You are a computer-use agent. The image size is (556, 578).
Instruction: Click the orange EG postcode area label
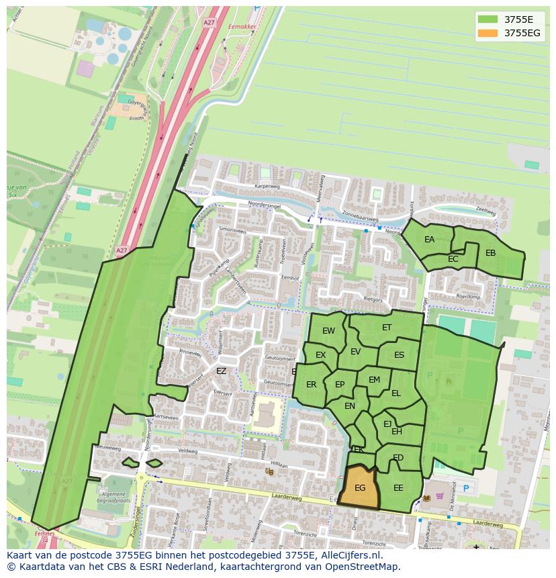360,488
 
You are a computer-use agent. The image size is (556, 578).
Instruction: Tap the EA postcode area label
430,240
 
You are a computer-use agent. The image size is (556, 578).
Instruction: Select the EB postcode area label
490,253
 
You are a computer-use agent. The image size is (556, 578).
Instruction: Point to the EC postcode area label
453,259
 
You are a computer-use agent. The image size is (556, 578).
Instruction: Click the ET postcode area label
387,328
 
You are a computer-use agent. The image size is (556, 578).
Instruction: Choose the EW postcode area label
328,331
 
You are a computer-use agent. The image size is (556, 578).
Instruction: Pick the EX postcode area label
321,355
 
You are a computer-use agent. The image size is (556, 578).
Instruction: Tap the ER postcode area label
311,385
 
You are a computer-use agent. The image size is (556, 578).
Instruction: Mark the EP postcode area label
340,385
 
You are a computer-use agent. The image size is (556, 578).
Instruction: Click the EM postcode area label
374,380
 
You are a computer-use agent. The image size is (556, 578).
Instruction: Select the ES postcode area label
399,355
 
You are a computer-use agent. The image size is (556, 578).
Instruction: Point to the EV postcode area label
355,352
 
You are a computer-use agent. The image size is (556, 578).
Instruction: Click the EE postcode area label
398,488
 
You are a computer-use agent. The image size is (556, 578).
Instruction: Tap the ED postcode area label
398,458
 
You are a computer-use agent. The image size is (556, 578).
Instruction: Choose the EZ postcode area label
221,371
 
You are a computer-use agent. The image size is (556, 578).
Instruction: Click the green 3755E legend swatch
489,19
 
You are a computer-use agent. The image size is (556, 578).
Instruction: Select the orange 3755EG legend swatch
489,33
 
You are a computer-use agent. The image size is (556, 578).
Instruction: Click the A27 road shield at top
209,22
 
